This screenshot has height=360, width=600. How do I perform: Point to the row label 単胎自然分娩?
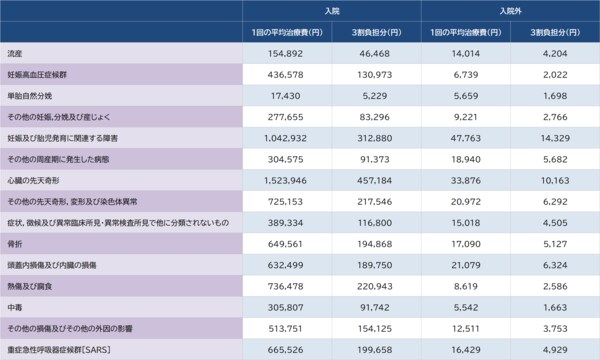[30, 97]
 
